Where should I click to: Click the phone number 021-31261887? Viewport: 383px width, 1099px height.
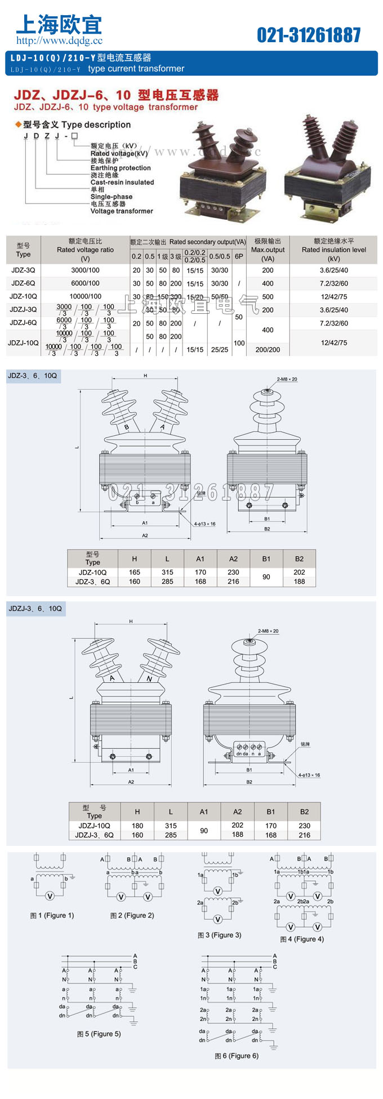309,35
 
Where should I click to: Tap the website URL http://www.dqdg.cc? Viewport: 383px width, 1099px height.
59,40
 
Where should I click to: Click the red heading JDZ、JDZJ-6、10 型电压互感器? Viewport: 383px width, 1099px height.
116,95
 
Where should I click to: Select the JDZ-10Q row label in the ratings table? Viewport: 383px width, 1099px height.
23,296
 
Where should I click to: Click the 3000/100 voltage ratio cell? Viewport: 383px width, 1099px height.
85,271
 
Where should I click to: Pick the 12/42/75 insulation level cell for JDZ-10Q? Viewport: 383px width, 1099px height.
334,296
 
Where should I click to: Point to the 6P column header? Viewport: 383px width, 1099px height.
239,256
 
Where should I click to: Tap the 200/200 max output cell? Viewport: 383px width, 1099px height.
268,350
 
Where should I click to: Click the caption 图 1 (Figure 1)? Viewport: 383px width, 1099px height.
52,916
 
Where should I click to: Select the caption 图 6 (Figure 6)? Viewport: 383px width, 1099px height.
237,1056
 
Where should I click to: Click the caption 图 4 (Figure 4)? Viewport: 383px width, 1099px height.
302,939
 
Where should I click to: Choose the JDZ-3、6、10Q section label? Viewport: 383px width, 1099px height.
33,376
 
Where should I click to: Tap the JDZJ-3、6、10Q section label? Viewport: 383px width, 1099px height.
35,609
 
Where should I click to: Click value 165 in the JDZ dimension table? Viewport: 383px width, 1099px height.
134,572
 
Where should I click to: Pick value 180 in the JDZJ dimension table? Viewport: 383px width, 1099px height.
137,826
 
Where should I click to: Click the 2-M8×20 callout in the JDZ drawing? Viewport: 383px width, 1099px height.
287,380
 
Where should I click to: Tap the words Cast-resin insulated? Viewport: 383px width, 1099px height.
122,182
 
